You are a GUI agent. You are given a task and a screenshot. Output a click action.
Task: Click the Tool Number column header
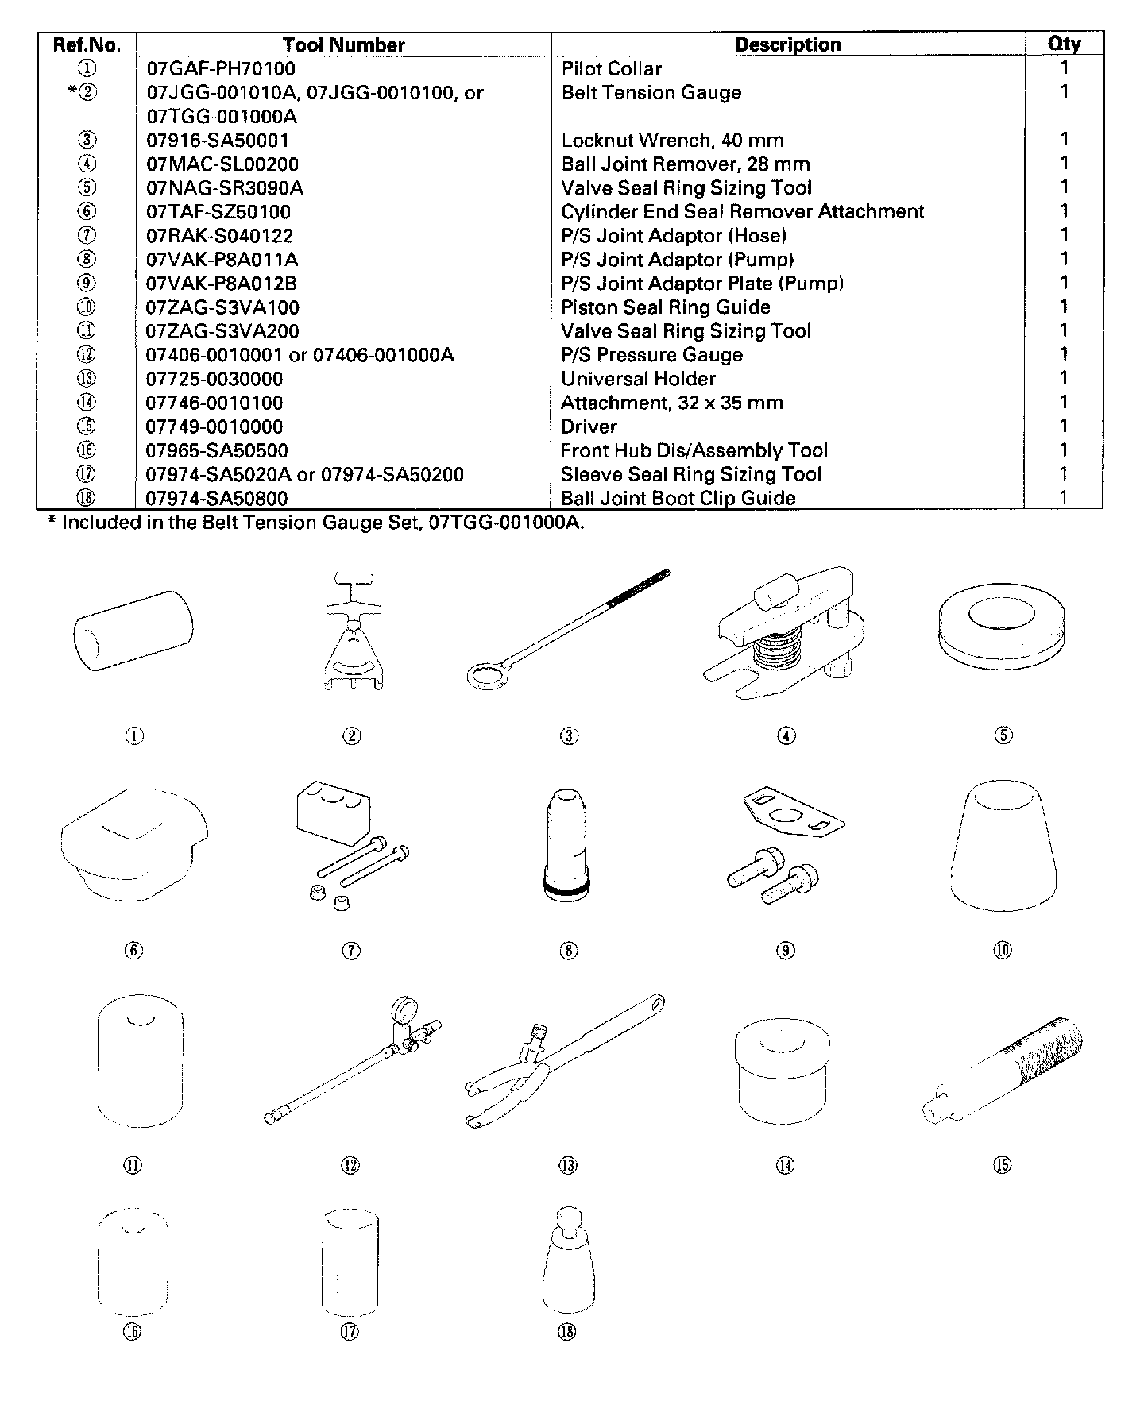click(x=343, y=44)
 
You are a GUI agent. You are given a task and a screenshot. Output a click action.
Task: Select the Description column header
click(x=787, y=44)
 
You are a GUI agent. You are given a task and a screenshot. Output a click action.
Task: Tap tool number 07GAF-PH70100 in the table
click(x=221, y=69)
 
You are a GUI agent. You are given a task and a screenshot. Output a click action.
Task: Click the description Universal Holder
click(x=638, y=379)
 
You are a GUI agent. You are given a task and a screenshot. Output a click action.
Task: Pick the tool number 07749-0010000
click(x=214, y=426)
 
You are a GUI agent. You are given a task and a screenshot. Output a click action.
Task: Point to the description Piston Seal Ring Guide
click(x=666, y=307)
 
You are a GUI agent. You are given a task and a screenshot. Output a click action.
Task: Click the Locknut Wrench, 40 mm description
click(x=672, y=141)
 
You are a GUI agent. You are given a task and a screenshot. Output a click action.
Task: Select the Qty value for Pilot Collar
click(x=1064, y=68)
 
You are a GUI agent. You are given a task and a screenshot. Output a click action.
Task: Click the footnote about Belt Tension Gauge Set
click(x=323, y=523)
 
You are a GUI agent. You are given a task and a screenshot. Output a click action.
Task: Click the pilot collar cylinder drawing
click(x=133, y=631)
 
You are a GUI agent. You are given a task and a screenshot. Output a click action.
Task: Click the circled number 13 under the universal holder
click(x=568, y=1165)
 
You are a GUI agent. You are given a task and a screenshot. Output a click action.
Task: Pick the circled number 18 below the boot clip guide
click(x=566, y=1332)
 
